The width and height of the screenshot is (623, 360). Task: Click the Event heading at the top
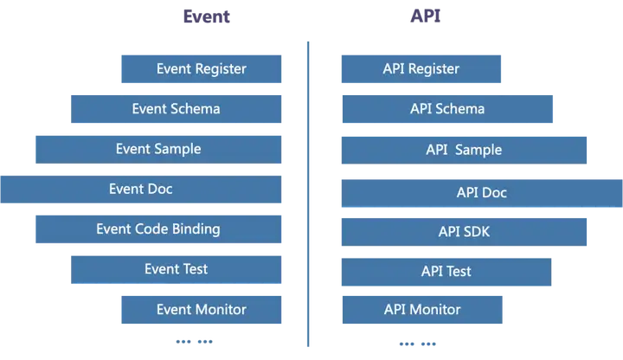pyautogui.click(x=206, y=16)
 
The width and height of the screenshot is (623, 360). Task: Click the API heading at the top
pyautogui.click(x=426, y=16)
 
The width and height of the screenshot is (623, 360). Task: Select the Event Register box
pyautogui.click(x=202, y=69)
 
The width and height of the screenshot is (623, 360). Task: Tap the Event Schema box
pyautogui.click(x=176, y=109)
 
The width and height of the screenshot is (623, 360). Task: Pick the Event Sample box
pyautogui.click(x=158, y=150)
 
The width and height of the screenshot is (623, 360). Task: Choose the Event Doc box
pyautogui.click(x=141, y=190)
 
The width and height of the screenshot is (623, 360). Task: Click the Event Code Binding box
pyautogui.click(x=158, y=229)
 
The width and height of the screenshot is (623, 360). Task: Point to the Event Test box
pyautogui.click(x=176, y=269)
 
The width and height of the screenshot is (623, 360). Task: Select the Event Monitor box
pyautogui.click(x=202, y=310)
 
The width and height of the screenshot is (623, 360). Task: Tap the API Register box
pyautogui.click(x=421, y=69)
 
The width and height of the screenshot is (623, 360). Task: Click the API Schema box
pyautogui.click(x=447, y=109)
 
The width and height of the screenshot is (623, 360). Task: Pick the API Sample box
pyautogui.click(x=464, y=151)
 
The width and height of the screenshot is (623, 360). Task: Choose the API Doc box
pyautogui.click(x=482, y=193)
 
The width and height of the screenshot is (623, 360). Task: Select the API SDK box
pyautogui.click(x=464, y=232)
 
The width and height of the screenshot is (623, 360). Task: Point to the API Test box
pyautogui.click(x=446, y=272)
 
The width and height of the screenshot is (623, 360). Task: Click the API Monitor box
pyautogui.click(x=422, y=310)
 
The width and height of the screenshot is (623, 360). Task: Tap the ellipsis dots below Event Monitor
pyautogui.click(x=195, y=341)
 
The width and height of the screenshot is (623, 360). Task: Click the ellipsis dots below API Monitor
pyautogui.click(x=418, y=344)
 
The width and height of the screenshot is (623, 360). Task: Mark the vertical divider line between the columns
pyautogui.click(x=308, y=194)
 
